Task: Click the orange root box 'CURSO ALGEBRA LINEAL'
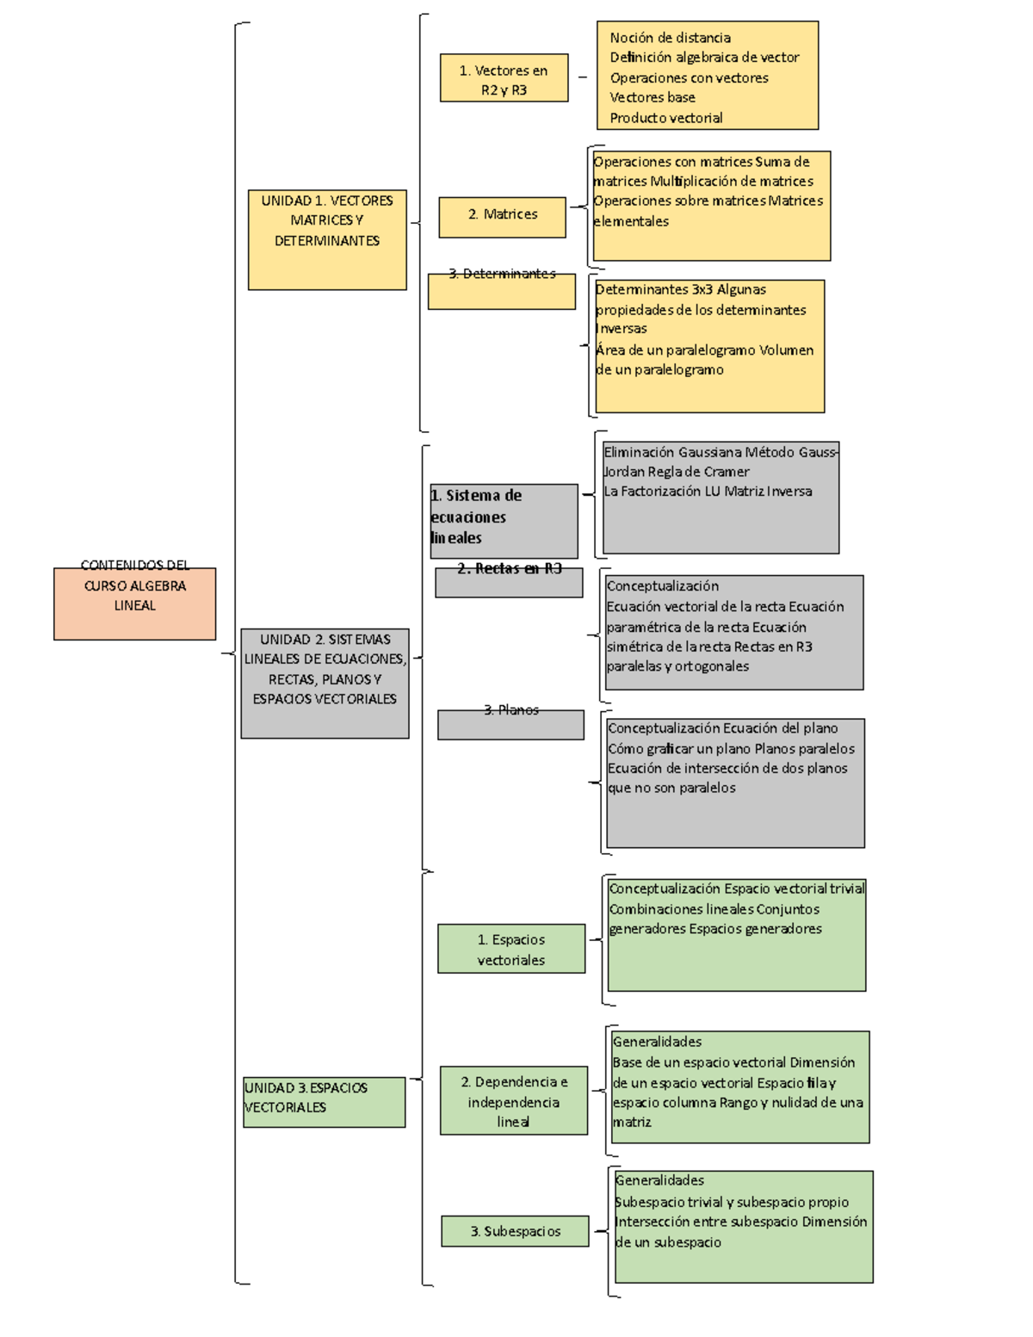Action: coord(134,603)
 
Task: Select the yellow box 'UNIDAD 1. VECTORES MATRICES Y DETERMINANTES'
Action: coord(327,238)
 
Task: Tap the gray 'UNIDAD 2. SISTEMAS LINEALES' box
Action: coord(325,683)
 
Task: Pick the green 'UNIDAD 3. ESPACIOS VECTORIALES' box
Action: coord(324,1101)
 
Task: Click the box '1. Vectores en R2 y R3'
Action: coord(504,78)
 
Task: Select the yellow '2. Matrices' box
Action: coord(503,216)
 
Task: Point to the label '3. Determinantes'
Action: coord(502,275)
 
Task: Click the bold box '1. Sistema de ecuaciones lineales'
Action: coord(503,520)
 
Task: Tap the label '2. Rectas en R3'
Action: coord(509,569)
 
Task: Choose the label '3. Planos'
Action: coord(511,710)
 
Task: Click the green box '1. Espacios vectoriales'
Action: coord(511,949)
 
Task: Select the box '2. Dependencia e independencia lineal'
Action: coord(514,1101)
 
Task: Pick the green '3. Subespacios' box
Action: coord(515,1231)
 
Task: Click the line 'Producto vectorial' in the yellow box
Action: coord(665,118)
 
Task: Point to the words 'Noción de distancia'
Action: coord(670,38)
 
